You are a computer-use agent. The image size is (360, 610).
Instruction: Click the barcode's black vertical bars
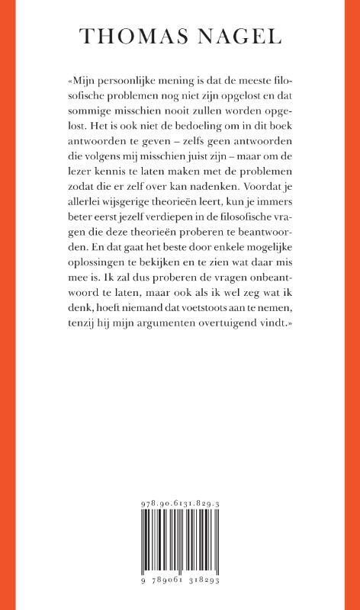tap(180, 544)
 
